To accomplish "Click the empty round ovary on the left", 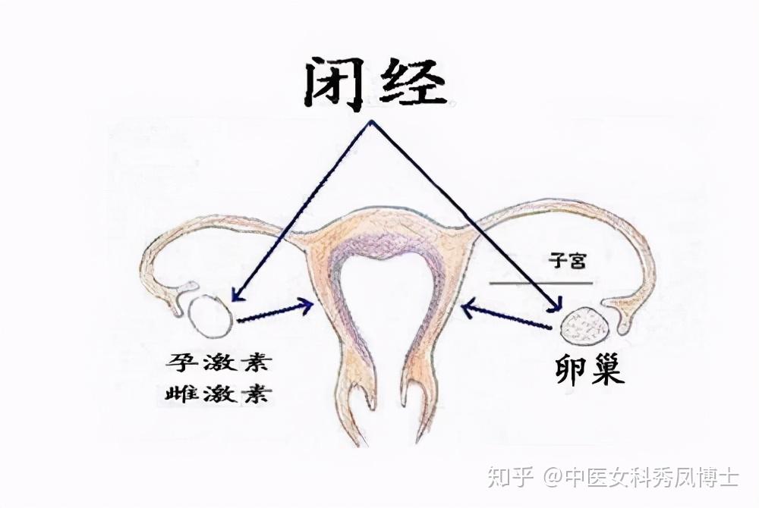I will (x=210, y=315).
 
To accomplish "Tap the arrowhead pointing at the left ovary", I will (x=236, y=298).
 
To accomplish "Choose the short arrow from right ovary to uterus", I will (x=505, y=317).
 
